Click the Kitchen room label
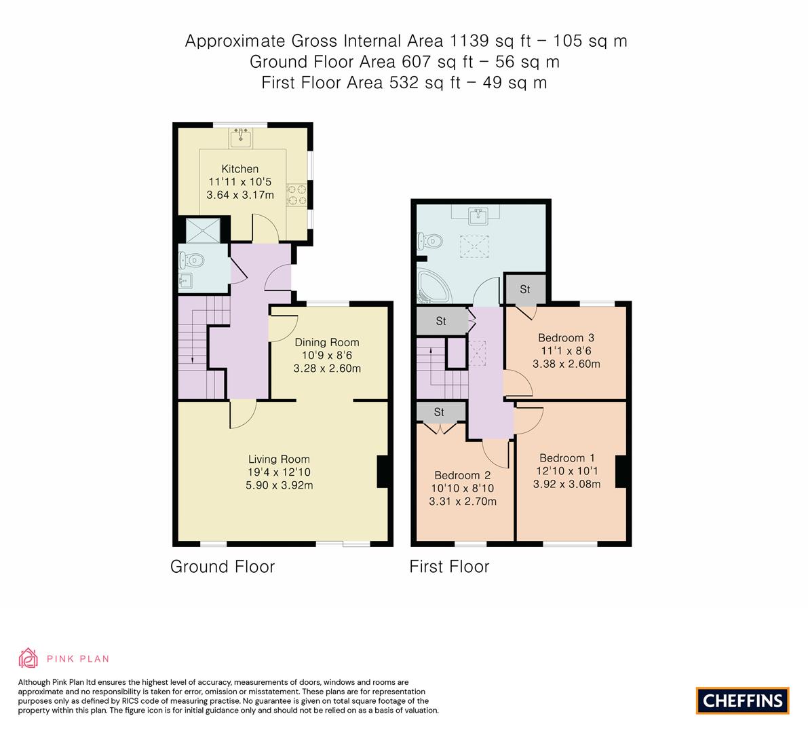[239, 169]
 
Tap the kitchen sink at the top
[240, 138]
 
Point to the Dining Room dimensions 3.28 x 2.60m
[326, 369]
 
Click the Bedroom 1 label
[566, 458]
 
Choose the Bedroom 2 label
[463, 475]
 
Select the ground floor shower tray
[202, 230]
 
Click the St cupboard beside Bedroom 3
[524, 290]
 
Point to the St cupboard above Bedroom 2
[439, 412]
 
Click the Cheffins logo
[742, 700]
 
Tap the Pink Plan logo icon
[28, 658]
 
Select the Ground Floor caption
[222, 567]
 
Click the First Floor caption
[449, 567]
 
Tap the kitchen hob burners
[296, 195]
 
